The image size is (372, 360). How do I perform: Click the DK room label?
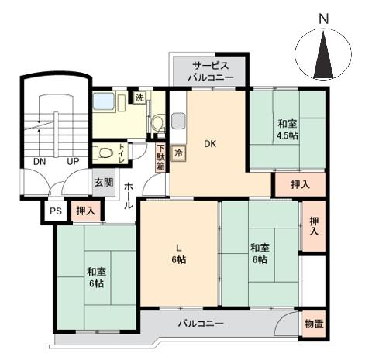210,143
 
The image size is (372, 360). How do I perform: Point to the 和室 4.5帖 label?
288,129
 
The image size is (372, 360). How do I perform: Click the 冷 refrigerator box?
179,153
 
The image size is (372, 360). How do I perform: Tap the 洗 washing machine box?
139,98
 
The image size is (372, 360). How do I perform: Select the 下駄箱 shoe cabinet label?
160,158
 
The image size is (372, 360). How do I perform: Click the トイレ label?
122,152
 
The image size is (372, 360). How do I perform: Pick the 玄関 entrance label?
104,183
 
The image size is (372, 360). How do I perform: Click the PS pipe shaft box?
55,211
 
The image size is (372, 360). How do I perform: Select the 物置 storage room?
314,324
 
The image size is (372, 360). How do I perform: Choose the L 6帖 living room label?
178,254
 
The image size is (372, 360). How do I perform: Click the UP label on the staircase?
73,162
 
